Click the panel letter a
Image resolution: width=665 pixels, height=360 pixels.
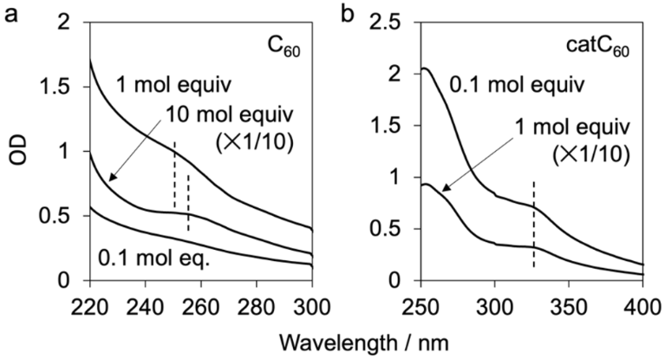[12, 15]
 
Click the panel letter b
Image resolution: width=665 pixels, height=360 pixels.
[350, 15]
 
